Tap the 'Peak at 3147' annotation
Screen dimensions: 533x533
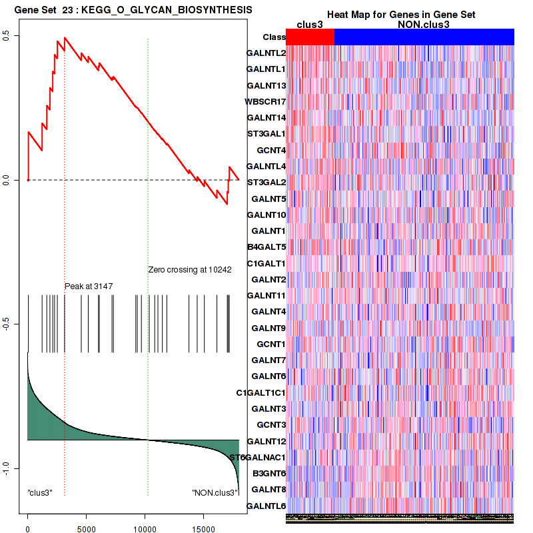click(x=89, y=286)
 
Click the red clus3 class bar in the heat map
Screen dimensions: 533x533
click(x=310, y=37)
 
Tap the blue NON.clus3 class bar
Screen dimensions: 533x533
click(x=424, y=37)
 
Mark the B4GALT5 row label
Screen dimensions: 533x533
click(x=266, y=247)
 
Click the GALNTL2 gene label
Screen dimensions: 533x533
click(x=266, y=53)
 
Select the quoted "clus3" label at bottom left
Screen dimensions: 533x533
click(x=40, y=493)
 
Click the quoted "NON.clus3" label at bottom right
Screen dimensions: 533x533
click(x=215, y=493)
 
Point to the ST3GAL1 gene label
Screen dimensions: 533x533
click(x=266, y=134)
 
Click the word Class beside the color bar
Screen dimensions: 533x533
click(x=274, y=37)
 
